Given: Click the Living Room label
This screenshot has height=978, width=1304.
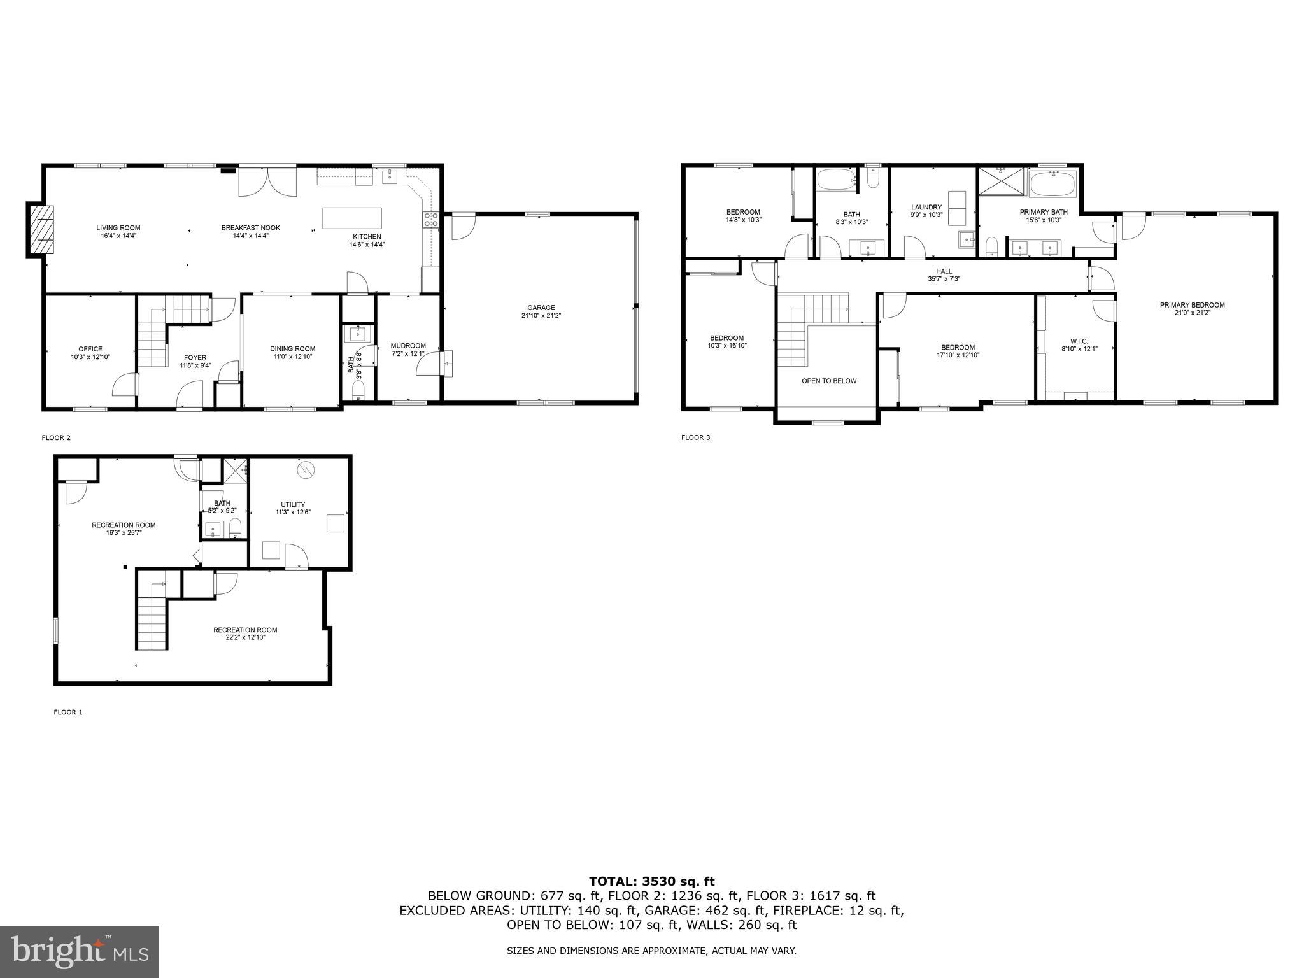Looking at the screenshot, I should (x=118, y=228).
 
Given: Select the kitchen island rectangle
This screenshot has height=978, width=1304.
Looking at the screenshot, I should (x=352, y=218).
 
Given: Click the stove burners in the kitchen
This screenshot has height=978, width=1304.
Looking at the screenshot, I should (x=431, y=220).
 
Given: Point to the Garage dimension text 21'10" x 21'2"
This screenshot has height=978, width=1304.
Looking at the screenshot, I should (x=541, y=315).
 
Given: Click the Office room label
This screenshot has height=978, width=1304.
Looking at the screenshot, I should (x=90, y=349).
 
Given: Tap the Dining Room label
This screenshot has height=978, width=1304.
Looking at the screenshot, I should (x=292, y=348).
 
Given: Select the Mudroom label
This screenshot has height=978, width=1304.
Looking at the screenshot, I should (x=407, y=346).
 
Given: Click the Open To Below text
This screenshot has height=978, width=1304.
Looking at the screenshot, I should (x=829, y=381).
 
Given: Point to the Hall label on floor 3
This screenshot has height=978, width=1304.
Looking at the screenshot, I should (x=944, y=271).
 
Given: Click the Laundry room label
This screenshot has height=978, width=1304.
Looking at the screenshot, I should (x=926, y=207).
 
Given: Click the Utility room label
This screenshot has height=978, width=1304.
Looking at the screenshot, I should (x=293, y=504).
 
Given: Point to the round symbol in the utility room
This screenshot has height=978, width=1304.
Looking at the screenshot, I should (x=304, y=470).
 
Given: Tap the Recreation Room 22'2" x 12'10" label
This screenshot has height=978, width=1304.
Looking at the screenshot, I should (x=245, y=630).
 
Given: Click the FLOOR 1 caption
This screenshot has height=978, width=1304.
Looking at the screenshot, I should (x=68, y=712).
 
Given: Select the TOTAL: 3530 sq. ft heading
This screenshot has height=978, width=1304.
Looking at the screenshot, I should (x=651, y=882).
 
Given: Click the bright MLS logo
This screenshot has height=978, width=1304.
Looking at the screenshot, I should (x=80, y=951).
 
